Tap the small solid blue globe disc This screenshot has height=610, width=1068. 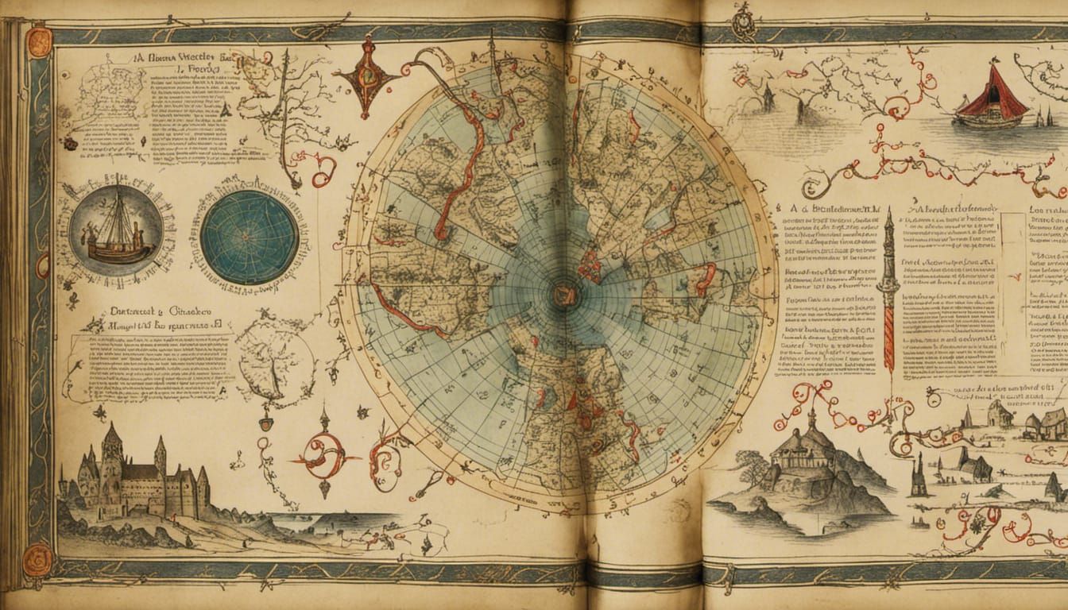tap(250, 237)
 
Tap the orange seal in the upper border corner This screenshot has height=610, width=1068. tap(39, 42)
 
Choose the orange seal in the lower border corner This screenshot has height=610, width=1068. tap(37, 559)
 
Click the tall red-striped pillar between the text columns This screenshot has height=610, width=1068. tap(888, 302)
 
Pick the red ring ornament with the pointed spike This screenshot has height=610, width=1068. tap(325, 457)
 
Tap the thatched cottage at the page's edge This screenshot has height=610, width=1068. tap(1051, 424)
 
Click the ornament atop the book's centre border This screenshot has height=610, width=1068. tap(744, 19)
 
